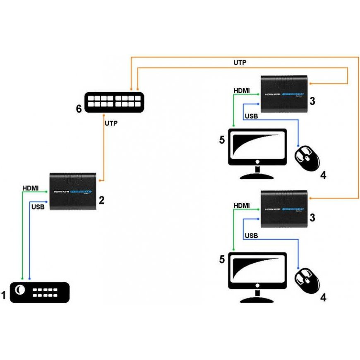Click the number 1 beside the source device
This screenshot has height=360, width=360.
[x=4, y=296]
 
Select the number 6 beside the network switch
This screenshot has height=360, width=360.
[x=79, y=109]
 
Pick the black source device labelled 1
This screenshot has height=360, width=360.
[x=39, y=292]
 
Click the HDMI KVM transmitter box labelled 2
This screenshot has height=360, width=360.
[x=73, y=191]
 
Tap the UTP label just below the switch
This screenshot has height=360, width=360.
[x=111, y=123]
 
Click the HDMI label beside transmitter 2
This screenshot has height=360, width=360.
[x=30, y=188]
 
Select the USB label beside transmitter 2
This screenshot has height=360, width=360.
[x=38, y=206]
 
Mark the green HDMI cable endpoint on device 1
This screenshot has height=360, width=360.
[x=22, y=278]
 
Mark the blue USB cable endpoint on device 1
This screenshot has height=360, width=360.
[x=29, y=278]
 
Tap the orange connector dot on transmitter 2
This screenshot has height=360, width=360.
[x=101, y=181]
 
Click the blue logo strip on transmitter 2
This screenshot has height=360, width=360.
[x=81, y=192]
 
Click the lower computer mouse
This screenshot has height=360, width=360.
[x=307, y=280]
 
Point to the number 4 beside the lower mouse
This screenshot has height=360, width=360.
[x=323, y=297]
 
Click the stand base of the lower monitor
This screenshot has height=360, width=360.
[x=257, y=300]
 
